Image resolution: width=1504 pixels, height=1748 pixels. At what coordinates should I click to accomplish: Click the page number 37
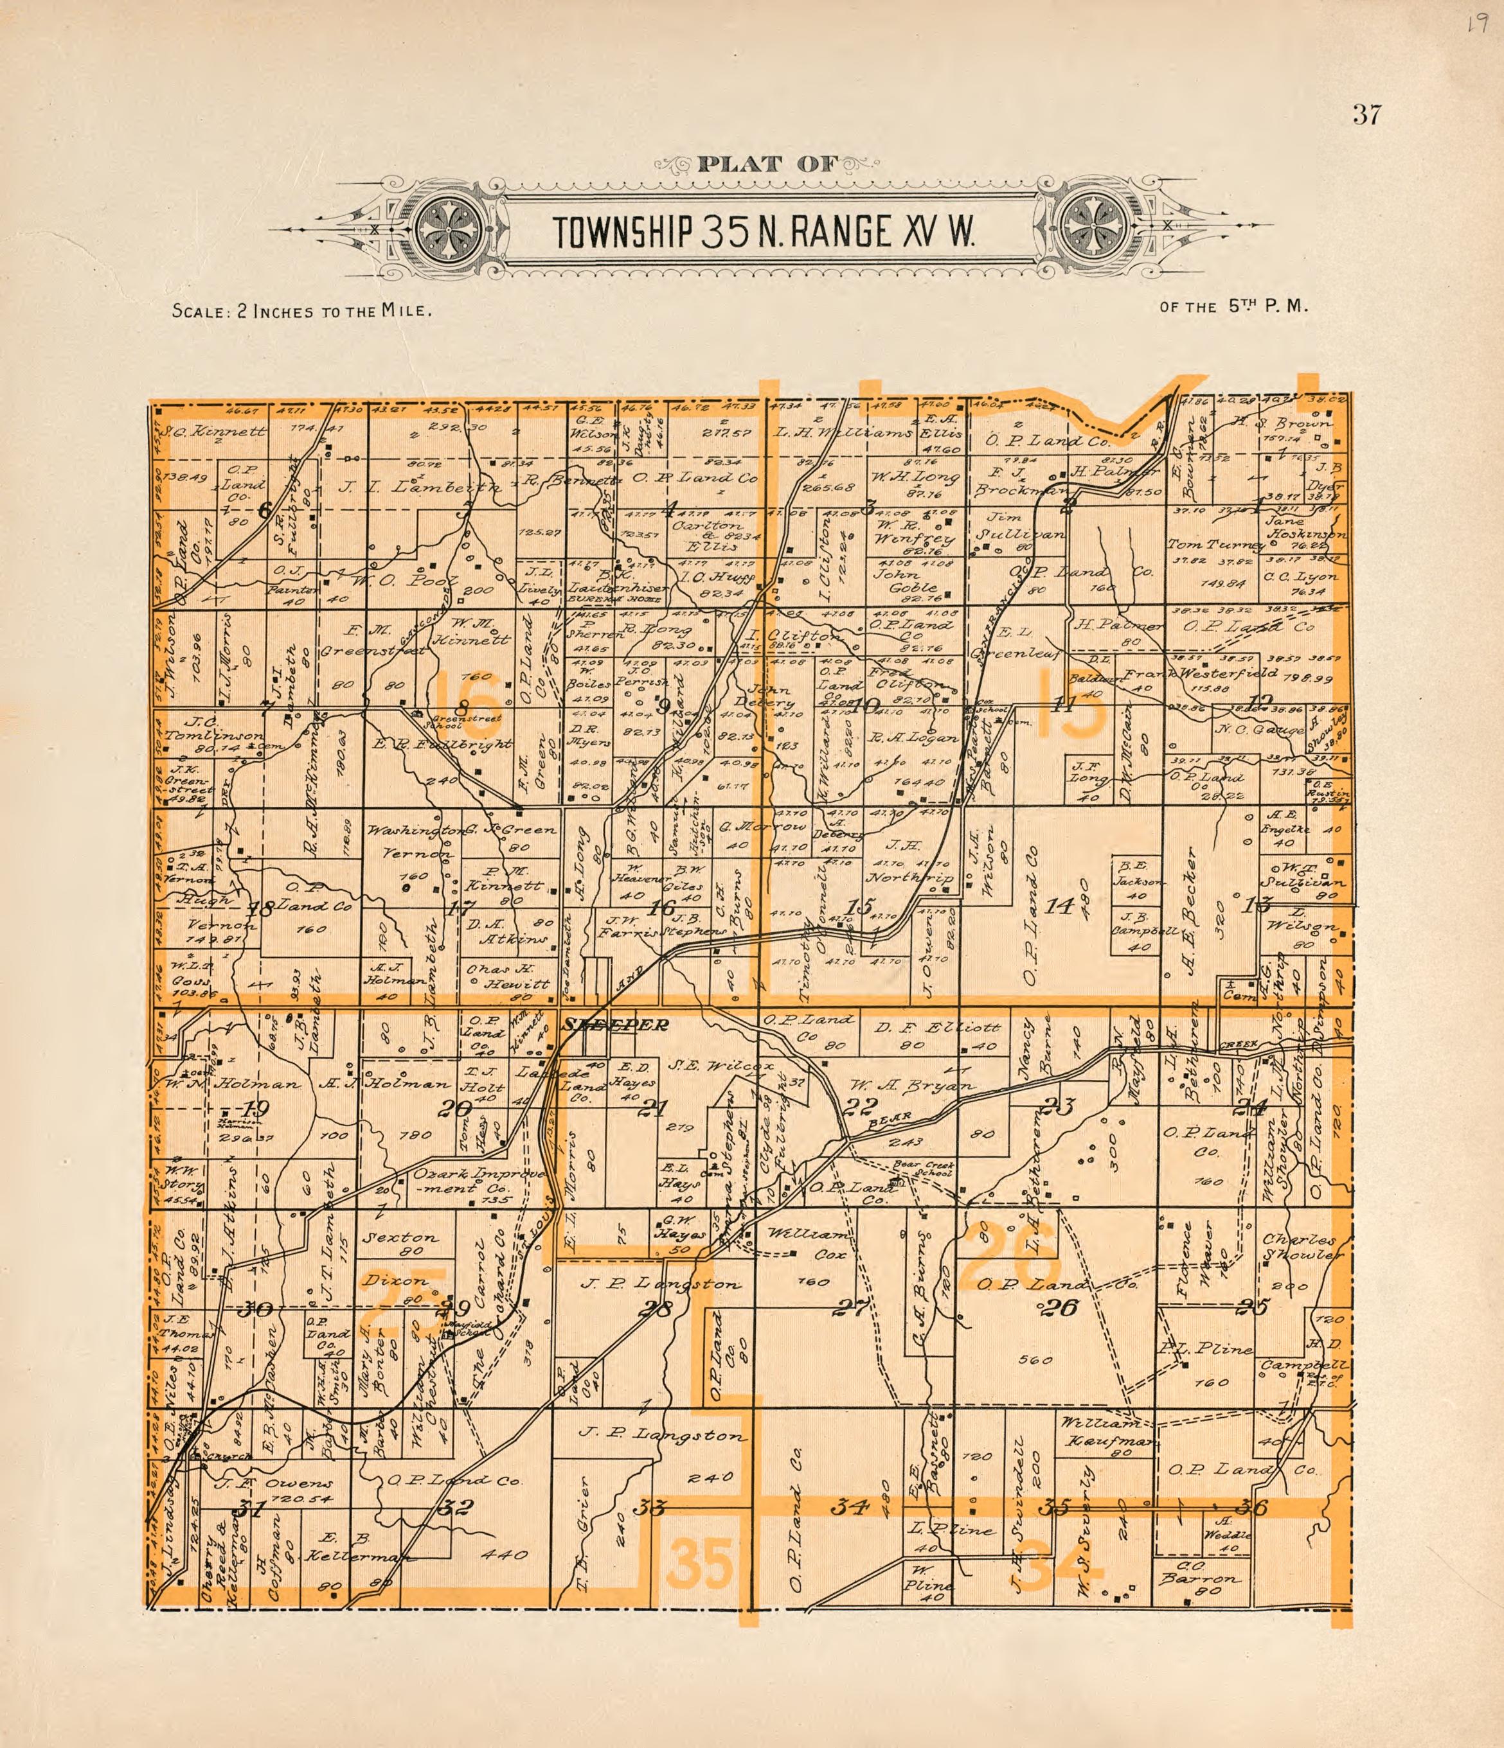click(x=1366, y=114)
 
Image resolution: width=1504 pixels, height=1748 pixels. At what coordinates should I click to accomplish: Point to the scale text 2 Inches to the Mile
click(x=302, y=310)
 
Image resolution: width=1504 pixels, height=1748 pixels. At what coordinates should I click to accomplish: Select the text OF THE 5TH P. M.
click(x=1233, y=307)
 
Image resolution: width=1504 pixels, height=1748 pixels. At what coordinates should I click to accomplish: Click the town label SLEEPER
click(x=616, y=1025)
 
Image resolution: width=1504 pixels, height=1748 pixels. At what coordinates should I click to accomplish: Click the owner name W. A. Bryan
click(x=911, y=1085)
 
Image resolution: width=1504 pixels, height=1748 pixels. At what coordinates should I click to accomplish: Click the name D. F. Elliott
click(x=937, y=1028)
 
